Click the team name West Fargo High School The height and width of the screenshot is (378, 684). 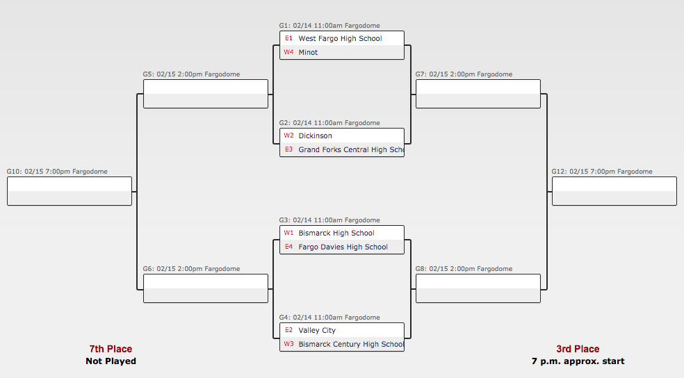click(340, 38)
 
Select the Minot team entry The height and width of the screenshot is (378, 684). click(308, 52)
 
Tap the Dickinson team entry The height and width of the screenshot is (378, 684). click(315, 135)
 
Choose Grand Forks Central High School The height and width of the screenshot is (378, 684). click(350, 149)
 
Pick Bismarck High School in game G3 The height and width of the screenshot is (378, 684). click(336, 233)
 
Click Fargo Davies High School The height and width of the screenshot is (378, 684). click(343, 247)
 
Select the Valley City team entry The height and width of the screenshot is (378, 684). click(317, 330)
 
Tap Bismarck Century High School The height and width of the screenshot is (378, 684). click(350, 344)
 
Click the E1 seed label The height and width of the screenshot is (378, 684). click(288, 38)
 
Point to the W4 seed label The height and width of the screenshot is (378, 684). click(288, 52)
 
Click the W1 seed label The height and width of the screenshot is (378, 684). click(288, 233)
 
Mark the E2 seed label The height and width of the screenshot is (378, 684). click(288, 330)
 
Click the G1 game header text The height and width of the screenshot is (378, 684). click(329, 26)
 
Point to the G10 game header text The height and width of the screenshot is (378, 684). click(57, 172)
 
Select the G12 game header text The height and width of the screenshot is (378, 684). click(602, 172)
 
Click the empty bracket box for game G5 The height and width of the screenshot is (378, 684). click(205, 94)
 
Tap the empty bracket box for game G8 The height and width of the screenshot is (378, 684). click(478, 288)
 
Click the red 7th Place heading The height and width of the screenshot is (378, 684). click(111, 349)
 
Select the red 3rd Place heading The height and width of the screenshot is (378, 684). click(578, 349)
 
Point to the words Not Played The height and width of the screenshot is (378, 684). click(111, 361)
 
